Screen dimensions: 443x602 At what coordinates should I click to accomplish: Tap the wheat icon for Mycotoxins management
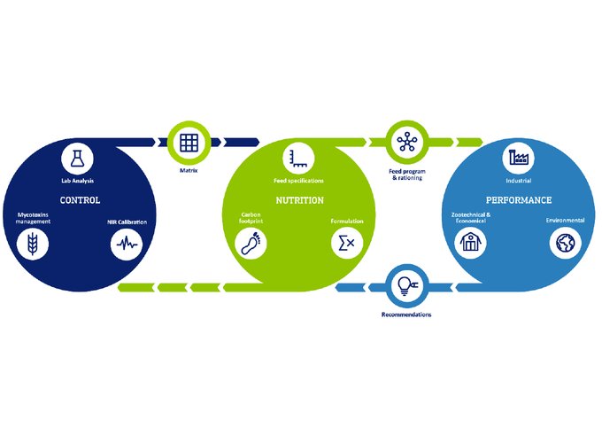[x=33, y=244]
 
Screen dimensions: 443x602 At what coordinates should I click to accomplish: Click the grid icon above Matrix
[x=188, y=141]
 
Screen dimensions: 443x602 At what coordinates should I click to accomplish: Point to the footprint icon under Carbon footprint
[x=250, y=242]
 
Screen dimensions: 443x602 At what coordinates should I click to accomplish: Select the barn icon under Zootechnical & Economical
[x=471, y=243]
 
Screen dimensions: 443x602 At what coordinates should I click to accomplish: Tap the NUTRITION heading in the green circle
[x=298, y=200]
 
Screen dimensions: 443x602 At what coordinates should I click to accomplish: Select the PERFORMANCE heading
[x=518, y=200]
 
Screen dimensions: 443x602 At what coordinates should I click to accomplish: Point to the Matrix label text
[x=188, y=169]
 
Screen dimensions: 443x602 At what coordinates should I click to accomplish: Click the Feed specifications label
[x=298, y=181]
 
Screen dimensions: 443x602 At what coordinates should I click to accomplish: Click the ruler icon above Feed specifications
[x=296, y=159]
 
